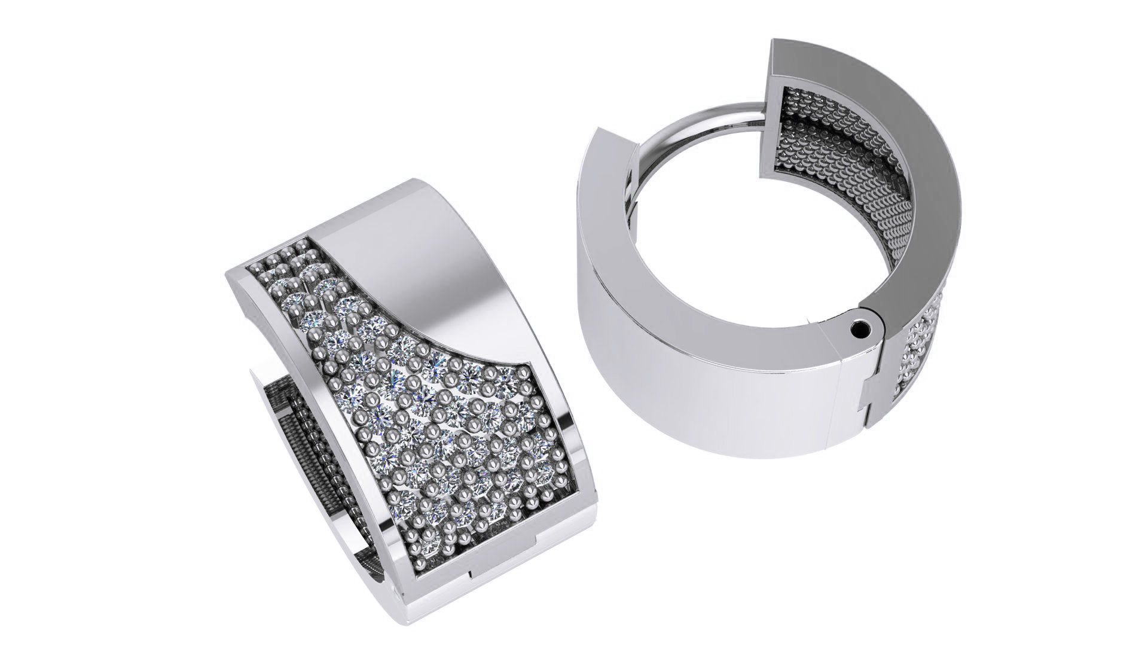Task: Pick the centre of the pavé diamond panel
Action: [419, 419]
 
